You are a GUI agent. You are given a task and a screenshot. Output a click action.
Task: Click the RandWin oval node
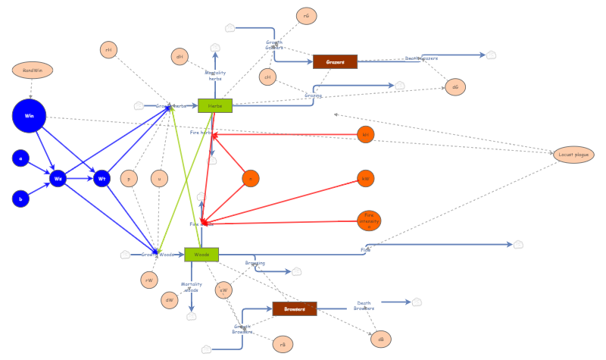pos(33,70)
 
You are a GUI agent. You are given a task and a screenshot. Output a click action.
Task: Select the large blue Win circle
pos(30,116)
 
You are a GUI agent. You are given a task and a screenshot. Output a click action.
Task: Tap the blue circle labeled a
pos(20,158)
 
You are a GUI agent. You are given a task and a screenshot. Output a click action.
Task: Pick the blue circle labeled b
pos(20,199)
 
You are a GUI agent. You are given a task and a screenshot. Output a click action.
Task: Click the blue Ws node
pos(58,179)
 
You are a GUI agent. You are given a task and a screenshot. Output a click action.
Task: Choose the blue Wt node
pos(102,179)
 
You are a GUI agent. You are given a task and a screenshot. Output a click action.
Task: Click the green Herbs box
pos(215,105)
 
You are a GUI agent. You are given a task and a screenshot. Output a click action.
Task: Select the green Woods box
pos(201,255)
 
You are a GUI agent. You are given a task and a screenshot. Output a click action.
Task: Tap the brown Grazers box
pos(335,61)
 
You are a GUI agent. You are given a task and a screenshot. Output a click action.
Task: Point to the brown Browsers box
pos(294,308)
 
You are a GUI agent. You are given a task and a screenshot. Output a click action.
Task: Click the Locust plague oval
pos(573,155)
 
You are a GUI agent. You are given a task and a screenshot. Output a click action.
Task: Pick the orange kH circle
pos(366,135)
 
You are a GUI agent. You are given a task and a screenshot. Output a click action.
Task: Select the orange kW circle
pos(366,179)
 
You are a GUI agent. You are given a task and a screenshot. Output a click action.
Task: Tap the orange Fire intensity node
pos(369,221)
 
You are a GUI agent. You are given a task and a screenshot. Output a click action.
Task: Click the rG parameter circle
pos(306,16)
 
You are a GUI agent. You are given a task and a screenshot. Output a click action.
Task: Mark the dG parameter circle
pos(455,87)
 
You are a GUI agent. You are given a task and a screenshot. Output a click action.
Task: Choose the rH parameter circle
pos(108,50)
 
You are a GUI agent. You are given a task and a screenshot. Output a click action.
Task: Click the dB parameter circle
pos(381,339)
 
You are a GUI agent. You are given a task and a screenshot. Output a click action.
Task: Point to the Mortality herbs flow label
pos(215,75)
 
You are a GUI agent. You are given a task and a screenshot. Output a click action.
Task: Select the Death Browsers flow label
pos(364,305)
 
